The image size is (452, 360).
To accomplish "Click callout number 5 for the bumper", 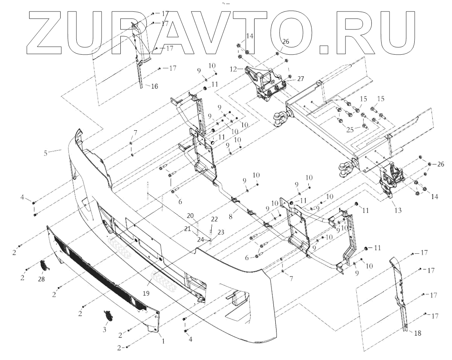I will pos(46,152).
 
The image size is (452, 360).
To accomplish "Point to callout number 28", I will pos(41,279).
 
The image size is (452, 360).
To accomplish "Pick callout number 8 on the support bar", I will pos(231,215).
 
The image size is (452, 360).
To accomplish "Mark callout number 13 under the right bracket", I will pos(398,210).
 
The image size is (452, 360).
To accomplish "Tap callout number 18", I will pos(417,333).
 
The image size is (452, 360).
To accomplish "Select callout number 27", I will pos(301,79).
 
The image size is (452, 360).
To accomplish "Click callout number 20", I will pos(190,215).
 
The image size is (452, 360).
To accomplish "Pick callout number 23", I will pos(220,232).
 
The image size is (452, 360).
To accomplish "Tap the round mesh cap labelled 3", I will pos(107,316).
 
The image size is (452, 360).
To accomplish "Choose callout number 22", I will pos(214,219).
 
